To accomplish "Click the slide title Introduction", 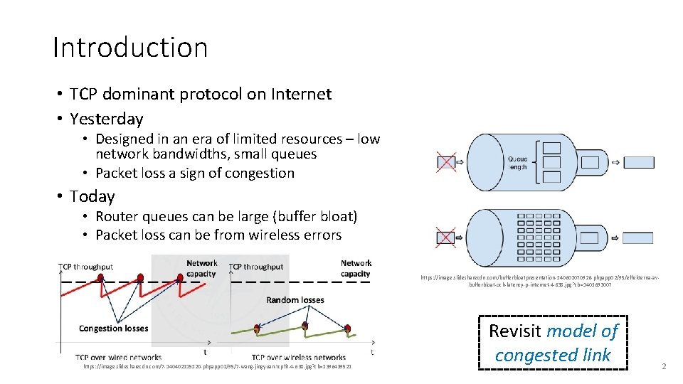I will (130, 48).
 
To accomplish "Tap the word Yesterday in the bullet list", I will (107, 119).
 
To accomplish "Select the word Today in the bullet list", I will (92, 196).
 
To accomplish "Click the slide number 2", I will (663, 366).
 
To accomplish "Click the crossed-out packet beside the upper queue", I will (446, 163).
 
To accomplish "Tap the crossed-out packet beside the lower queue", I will (446, 236).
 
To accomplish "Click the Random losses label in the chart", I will (295, 300).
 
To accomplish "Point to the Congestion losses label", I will (113, 329).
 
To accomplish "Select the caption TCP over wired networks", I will (118, 357).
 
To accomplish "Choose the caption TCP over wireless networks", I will (298, 357).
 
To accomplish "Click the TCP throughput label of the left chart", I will (85, 267).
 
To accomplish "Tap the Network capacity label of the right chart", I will (355, 268).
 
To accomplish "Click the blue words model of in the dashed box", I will (583, 331).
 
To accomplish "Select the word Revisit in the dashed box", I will (515, 331).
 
